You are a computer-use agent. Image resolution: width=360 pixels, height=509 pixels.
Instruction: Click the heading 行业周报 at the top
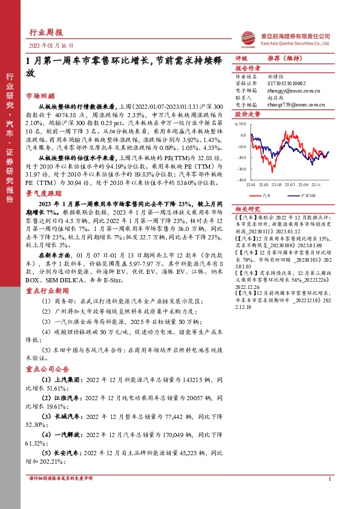click(45, 33)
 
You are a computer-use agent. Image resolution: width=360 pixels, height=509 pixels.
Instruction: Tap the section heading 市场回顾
click(40, 96)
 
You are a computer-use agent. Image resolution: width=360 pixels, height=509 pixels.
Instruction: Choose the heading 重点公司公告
click(45, 369)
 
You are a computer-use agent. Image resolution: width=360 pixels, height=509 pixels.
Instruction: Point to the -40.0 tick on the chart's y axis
click(241, 179)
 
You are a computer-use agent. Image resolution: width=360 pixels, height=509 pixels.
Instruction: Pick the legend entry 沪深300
click(309, 196)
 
